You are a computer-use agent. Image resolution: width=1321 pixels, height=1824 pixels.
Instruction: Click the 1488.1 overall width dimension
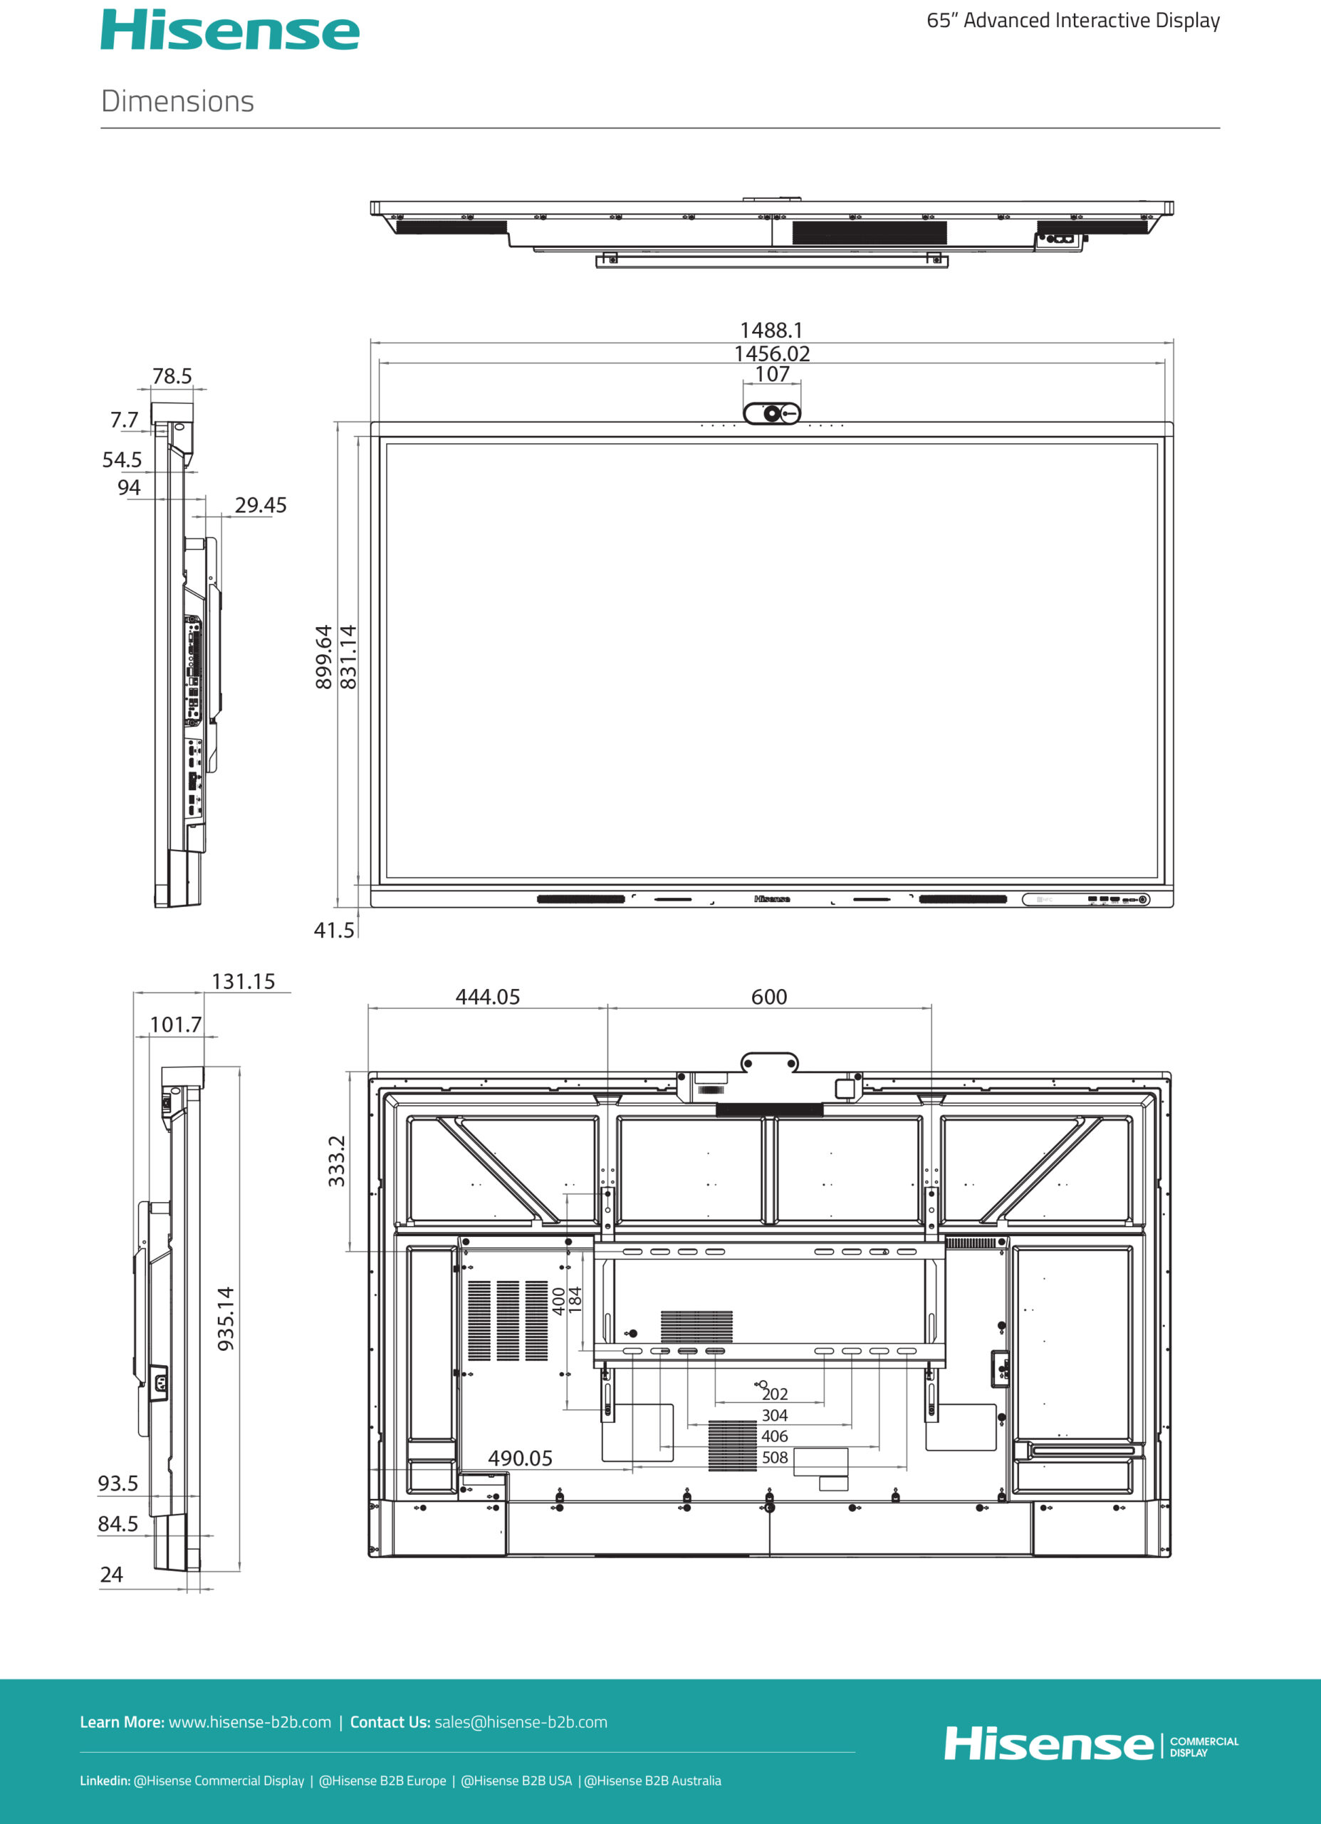pyautogui.click(x=771, y=331)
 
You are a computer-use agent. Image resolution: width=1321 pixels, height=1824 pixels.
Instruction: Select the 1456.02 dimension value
pyautogui.click(x=772, y=354)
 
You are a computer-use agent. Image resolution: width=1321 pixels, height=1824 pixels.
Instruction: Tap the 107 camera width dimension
pyautogui.click(x=772, y=374)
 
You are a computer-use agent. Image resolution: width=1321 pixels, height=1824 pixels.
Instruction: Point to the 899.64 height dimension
pyautogui.click(x=323, y=657)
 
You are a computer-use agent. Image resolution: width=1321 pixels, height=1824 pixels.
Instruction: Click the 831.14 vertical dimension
pyautogui.click(x=348, y=657)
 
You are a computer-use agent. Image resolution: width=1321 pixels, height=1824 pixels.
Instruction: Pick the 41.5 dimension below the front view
pyautogui.click(x=334, y=931)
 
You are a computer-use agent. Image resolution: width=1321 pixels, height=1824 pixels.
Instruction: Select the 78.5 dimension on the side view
pyautogui.click(x=172, y=376)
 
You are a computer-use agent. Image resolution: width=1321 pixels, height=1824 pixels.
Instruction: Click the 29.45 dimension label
pyautogui.click(x=261, y=505)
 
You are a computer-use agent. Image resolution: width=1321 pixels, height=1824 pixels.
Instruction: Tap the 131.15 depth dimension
pyautogui.click(x=243, y=981)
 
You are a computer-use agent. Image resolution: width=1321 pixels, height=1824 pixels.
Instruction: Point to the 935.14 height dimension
pyautogui.click(x=226, y=1318)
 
